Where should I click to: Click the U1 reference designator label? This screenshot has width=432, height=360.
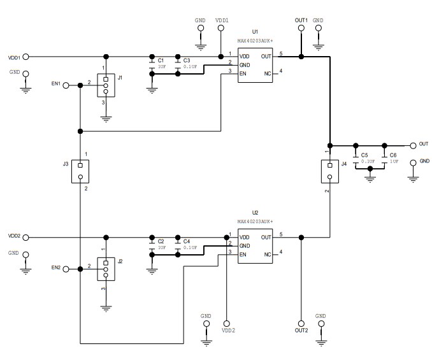tap(255, 31)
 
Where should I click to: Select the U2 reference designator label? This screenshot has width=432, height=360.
tap(255, 212)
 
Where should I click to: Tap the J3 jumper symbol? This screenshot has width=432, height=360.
tap(80, 170)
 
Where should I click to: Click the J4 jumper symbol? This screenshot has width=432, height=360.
tap(329, 171)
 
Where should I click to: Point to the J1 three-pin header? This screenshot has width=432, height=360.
tap(106, 83)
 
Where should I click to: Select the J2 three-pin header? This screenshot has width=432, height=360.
tap(106, 269)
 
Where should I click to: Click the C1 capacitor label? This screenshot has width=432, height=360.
tap(161, 61)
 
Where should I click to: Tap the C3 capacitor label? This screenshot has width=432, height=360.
tap(186, 61)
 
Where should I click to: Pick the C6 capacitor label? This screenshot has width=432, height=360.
tap(392, 155)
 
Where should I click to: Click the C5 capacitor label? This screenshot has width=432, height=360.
tap(364, 155)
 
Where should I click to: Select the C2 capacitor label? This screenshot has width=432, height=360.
tap(161, 241)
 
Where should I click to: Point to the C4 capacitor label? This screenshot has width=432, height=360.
tap(186, 241)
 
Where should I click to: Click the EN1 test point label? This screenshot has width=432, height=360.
tap(56, 83)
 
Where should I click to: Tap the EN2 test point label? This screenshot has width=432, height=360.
tap(56, 267)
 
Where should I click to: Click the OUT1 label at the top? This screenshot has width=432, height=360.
tap(301, 20)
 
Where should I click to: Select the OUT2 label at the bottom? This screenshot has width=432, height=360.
tap(301, 330)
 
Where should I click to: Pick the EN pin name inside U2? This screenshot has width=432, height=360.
tap(243, 255)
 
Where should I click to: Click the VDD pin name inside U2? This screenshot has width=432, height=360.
tap(245, 238)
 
